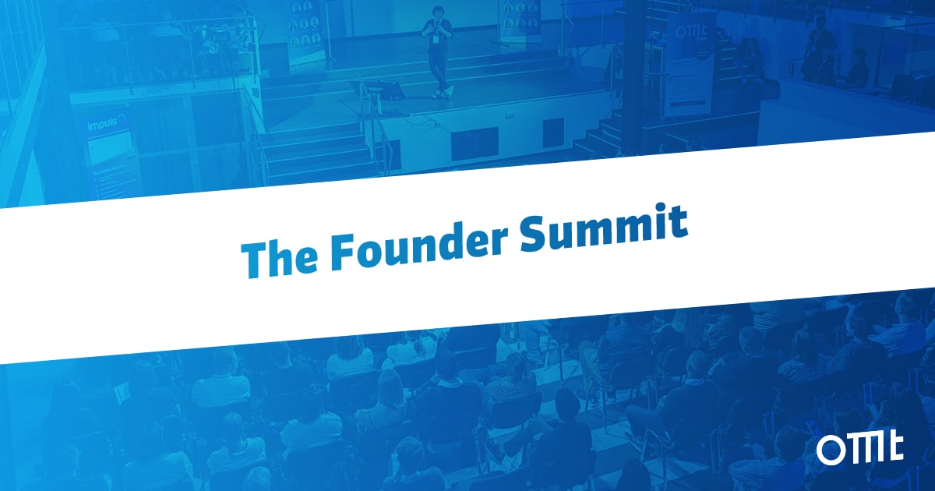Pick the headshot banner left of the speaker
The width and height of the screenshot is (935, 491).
306,31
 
